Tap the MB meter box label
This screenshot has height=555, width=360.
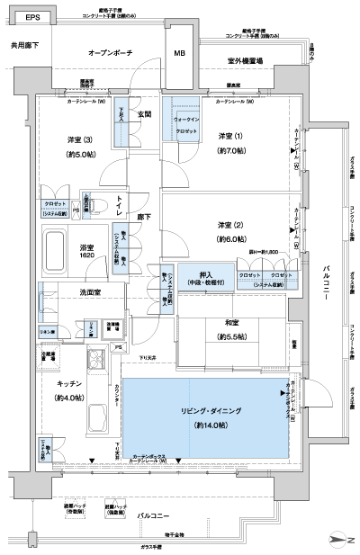(178, 54)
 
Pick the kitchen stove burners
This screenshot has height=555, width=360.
(98, 363)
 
